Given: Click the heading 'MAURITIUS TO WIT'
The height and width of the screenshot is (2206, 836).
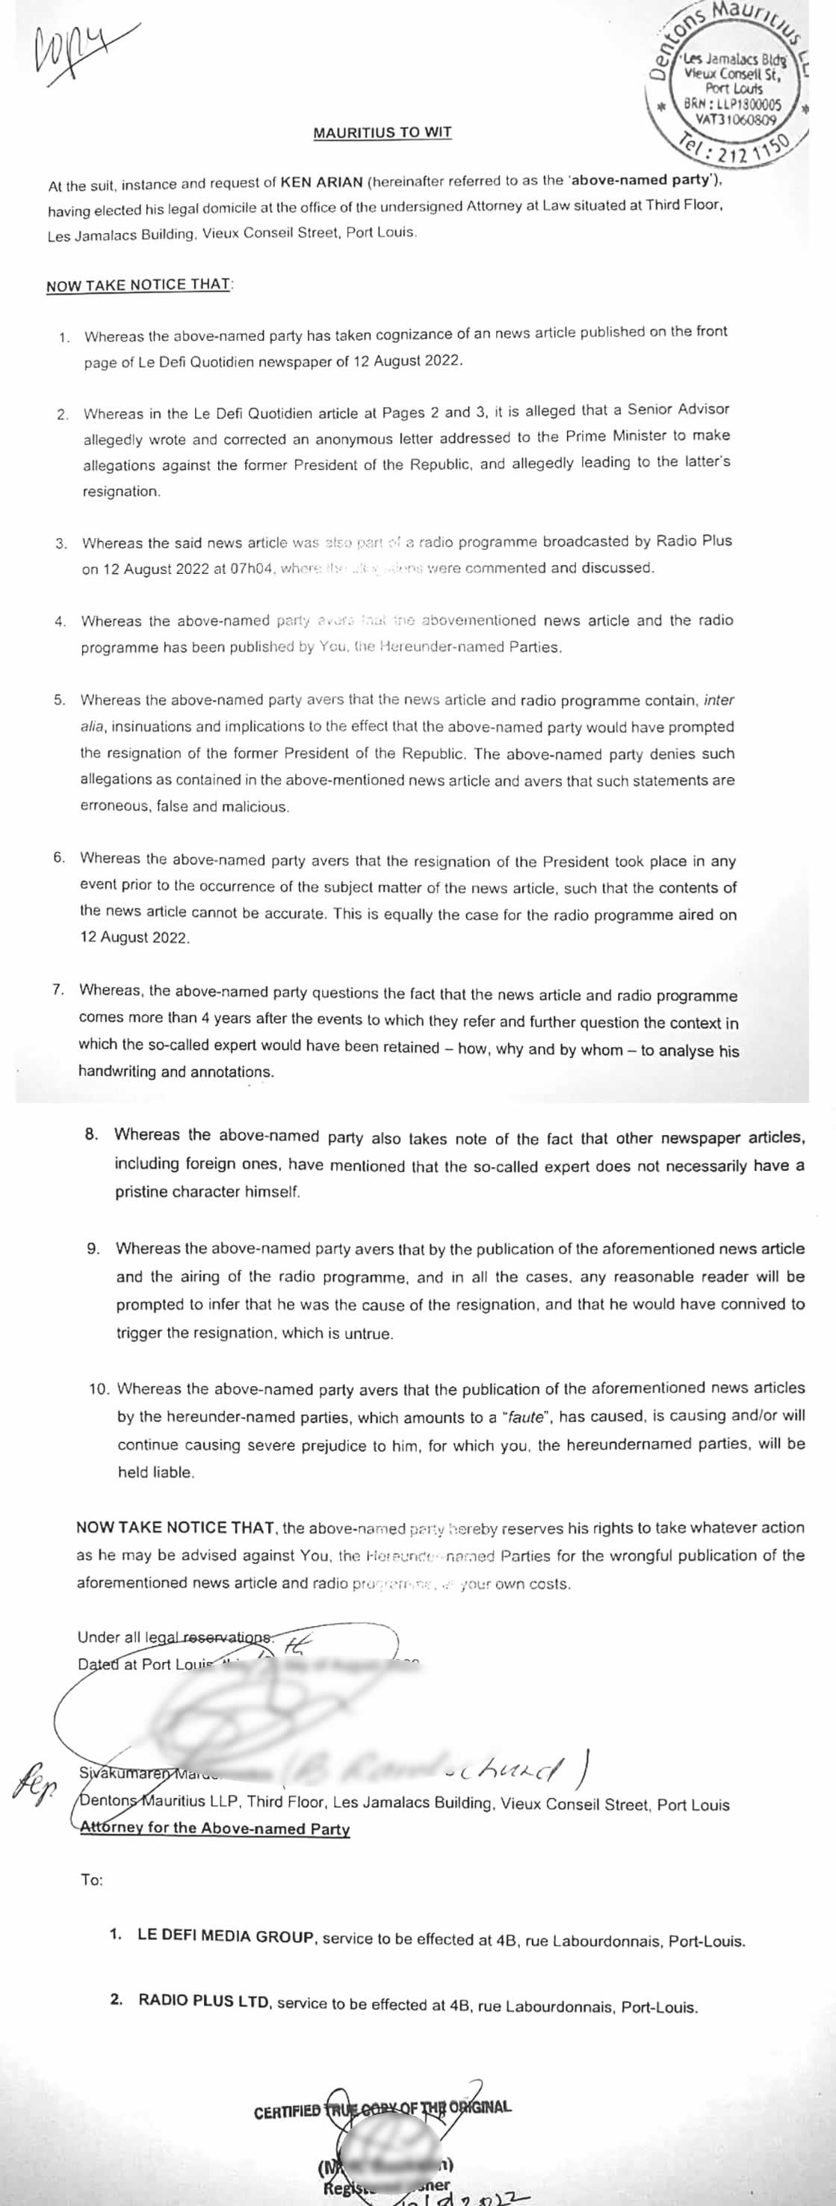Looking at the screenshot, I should coord(382,133).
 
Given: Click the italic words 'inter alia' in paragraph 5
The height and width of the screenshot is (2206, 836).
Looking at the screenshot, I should coord(718,700).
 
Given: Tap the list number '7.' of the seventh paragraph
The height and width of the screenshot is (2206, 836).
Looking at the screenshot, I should coord(58,990).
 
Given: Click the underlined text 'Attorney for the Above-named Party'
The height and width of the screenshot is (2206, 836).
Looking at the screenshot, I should coord(215,1829).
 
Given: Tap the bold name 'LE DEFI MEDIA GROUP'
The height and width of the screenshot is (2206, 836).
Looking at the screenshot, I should coord(226,1938).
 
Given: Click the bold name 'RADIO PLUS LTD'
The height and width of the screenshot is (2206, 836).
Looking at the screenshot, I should coord(204,2001).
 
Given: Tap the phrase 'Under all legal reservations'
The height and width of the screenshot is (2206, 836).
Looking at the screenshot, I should coord(175,1637).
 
